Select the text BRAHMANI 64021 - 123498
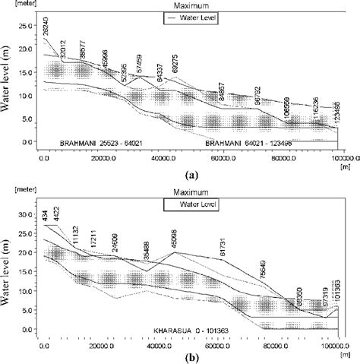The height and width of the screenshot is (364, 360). point(249,142)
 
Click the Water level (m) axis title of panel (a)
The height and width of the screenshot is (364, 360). point(7,84)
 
